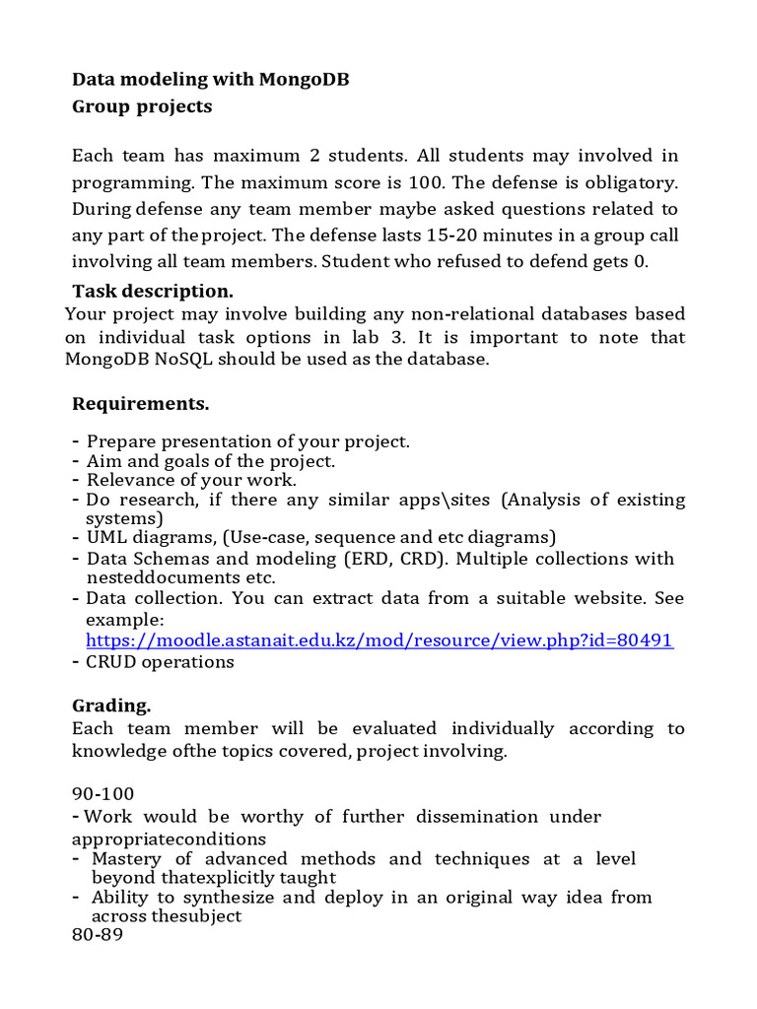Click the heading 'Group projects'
tap(142, 106)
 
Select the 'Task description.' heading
tap(153, 291)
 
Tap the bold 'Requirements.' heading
tap(140, 404)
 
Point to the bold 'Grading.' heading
tap(111, 705)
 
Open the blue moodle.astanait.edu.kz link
tap(379, 639)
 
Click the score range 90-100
tap(103, 793)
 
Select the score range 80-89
tap(97, 936)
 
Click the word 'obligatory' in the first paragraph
tap(630, 182)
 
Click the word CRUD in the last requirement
tap(110, 661)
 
